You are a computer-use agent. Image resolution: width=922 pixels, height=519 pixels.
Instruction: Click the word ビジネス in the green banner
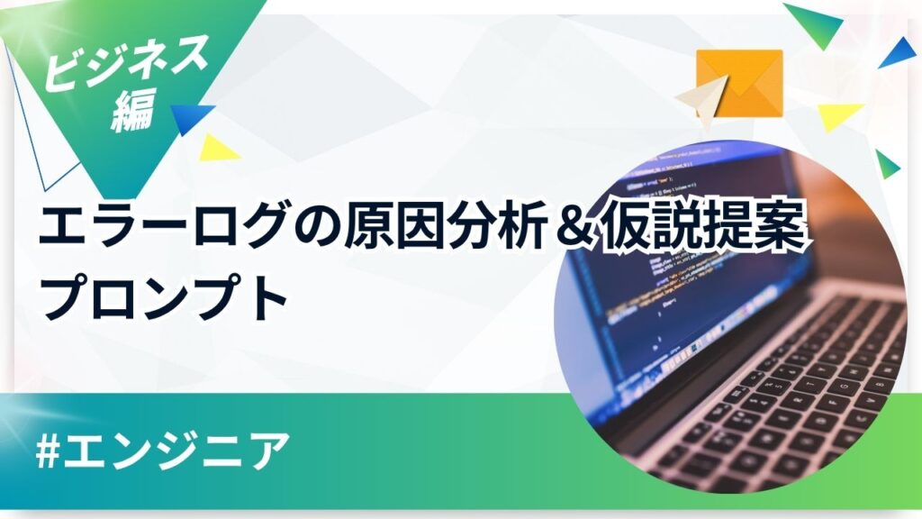(x=126, y=61)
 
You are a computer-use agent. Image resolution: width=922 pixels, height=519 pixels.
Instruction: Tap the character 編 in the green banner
(x=135, y=110)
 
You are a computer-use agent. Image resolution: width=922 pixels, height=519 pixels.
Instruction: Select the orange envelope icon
(x=740, y=82)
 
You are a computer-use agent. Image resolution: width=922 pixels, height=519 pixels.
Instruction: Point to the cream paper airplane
(x=702, y=101)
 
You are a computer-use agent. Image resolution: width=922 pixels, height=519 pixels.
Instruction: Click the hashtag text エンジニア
(x=177, y=452)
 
